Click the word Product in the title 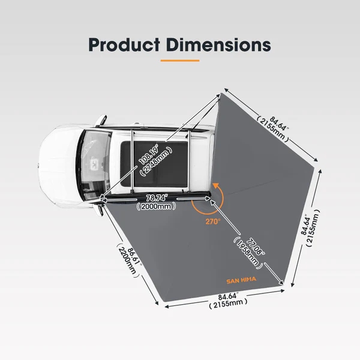coord(124,44)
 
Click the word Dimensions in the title coord(218,44)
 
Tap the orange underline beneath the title coord(180,61)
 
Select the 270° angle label coord(213,221)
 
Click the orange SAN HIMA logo coord(241,280)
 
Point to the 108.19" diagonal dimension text coord(149,154)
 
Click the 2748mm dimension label coord(157,161)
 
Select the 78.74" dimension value coord(157,197)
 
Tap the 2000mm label coord(156,206)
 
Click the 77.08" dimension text coord(256,247)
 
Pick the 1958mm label coord(248,253)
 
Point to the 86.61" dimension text coord(134,256)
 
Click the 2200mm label coord(127,260)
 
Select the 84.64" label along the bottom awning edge coord(228,296)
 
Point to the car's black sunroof coord(154,164)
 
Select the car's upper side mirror coord(101,120)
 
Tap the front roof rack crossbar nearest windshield coord(131,161)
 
